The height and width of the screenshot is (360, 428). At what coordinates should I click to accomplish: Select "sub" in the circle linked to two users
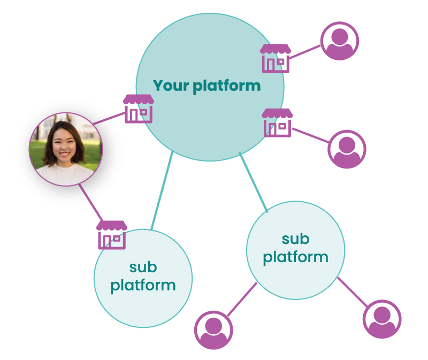295,239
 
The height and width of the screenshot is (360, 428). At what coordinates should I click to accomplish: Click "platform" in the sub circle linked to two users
295,257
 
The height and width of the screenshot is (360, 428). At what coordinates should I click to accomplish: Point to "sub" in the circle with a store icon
143,266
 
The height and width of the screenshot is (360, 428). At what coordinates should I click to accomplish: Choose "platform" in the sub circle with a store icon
143,285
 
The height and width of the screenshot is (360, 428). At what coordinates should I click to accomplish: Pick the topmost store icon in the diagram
275,58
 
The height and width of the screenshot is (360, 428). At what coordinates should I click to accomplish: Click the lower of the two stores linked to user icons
277,122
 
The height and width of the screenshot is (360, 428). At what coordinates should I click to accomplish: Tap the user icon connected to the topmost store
339,41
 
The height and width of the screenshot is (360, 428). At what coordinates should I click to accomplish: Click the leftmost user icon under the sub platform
213,330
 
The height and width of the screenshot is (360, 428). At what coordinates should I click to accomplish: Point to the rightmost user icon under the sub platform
382,319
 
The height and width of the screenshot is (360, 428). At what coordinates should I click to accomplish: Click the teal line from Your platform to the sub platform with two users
254,182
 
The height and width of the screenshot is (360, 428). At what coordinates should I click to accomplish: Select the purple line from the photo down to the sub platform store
90,202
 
